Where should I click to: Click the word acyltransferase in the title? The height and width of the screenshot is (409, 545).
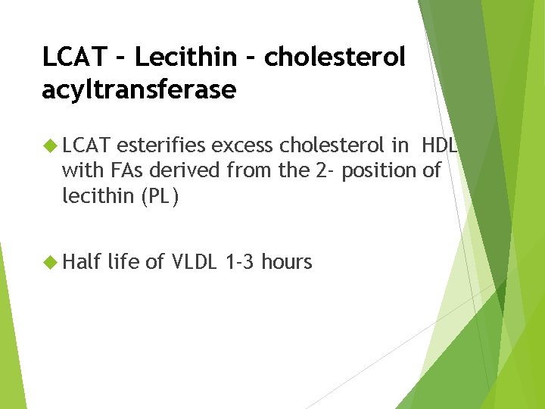pyautogui.click(x=139, y=90)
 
